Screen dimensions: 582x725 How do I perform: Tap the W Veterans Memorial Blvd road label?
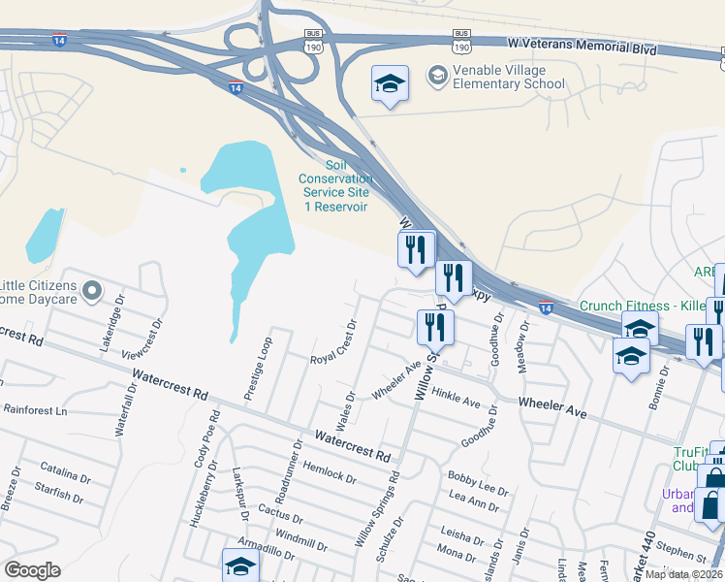click(581, 46)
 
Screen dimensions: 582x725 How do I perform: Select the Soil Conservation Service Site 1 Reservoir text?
click(334, 185)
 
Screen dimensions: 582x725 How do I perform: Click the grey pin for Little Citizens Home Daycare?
click(92, 290)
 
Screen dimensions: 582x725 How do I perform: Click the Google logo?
click(32, 570)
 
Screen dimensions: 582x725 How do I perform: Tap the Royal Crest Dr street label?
click(334, 343)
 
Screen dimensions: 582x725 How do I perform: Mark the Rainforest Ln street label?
click(34, 411)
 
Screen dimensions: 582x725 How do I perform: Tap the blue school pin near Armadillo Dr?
click(240, 566)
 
